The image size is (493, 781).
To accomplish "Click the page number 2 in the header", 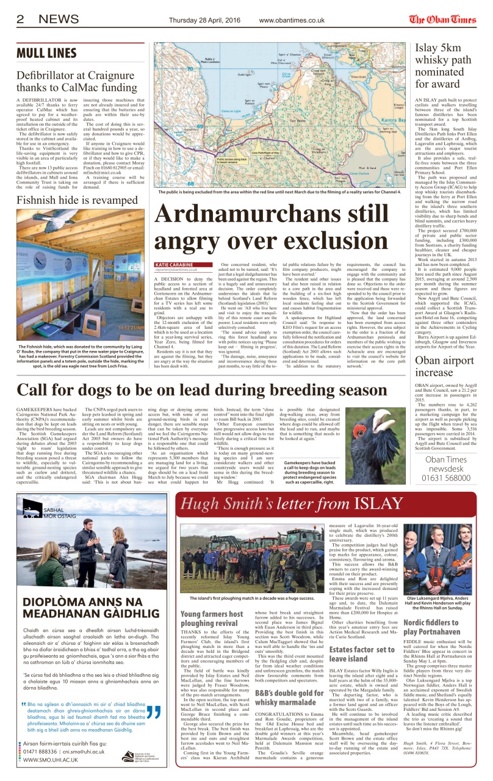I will pos(20,19).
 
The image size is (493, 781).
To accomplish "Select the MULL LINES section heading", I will pos(51,52).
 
